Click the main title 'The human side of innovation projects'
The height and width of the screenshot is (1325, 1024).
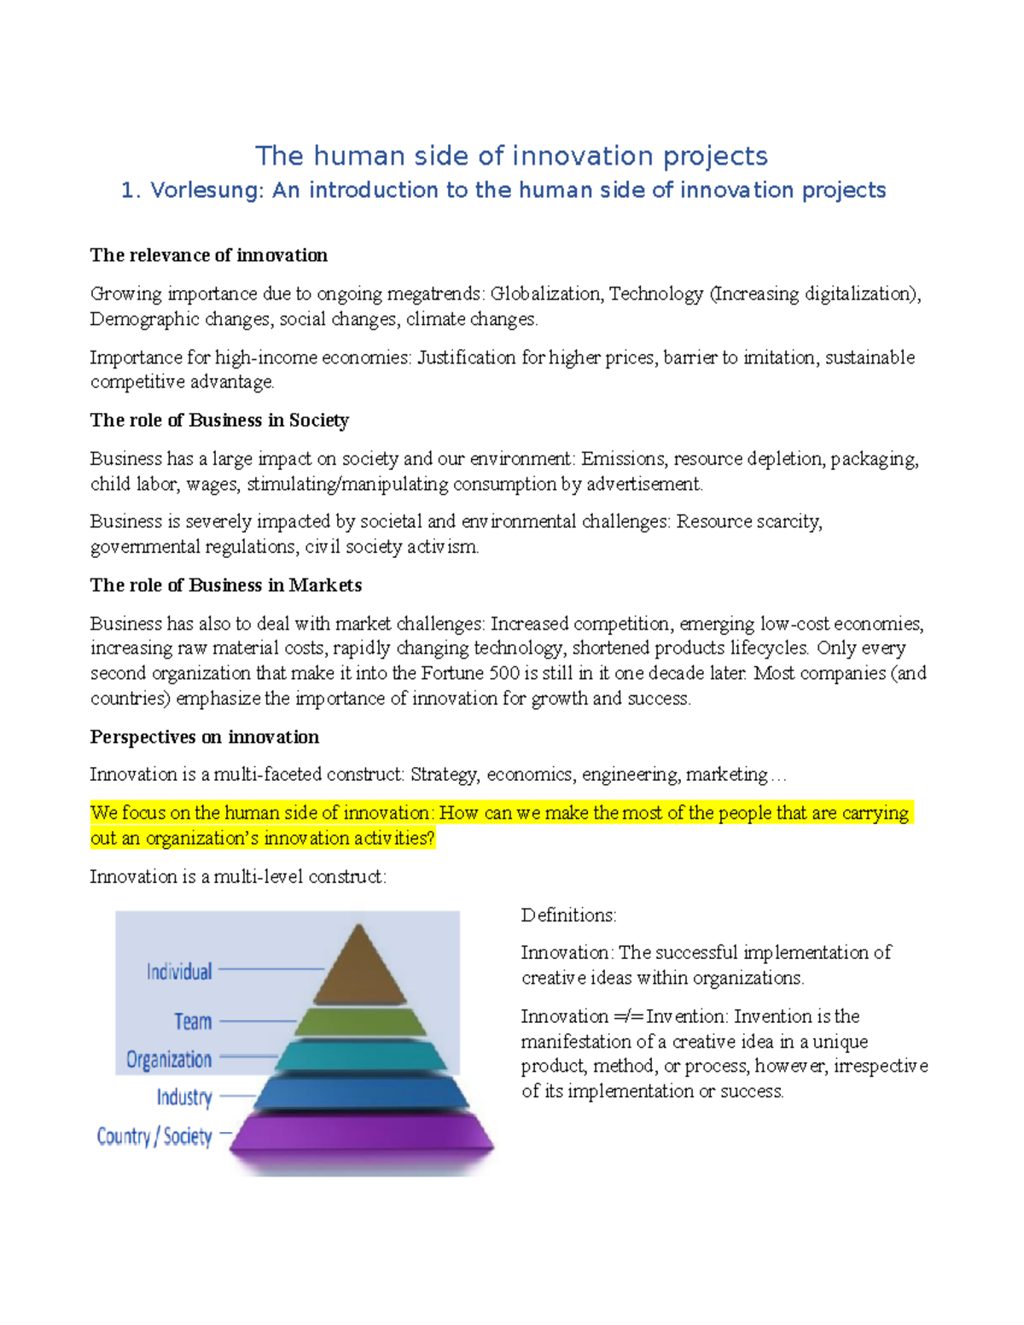point(511,156)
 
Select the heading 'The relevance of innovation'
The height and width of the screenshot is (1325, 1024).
point(209,255)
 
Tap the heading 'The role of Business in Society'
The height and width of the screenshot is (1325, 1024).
point(219,420)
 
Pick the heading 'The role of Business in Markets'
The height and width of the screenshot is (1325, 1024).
point(226,585)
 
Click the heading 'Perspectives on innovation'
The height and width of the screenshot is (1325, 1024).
point(205,737)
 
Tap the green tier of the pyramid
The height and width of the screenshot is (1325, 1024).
point(361,1021)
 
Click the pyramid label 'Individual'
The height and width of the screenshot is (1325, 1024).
point(179,972)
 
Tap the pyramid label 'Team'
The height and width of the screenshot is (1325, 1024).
point(193,1021)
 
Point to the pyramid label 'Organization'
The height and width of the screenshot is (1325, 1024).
point(169,1060)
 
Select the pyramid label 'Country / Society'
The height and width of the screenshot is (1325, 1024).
point(154,1136)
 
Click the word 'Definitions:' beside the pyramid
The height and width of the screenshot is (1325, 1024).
point(568,915)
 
